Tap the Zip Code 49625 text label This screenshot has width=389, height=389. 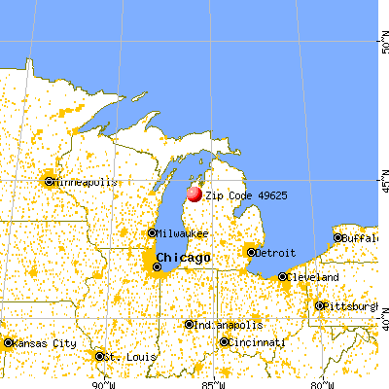click(246, 195)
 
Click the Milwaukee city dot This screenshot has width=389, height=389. click(153, 232)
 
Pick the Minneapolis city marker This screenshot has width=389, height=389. click(48, 181)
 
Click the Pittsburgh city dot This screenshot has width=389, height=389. click(319, 305)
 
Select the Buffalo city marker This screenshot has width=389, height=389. click(337, 237)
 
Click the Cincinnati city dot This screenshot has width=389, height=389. click(225, 342)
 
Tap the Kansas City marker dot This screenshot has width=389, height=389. click(9, 342)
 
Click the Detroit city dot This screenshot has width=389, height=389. click(251, 252)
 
